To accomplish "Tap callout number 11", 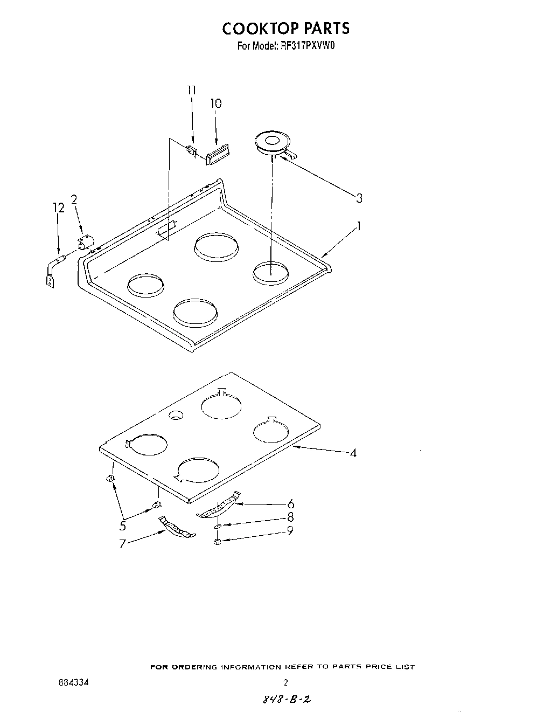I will pyautogui.click(x=192, y=91).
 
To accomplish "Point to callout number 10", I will pyautogui.click(x=215, y=103).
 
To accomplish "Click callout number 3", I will pyautogui.click(x=359, y=198).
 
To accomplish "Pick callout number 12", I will pyautogui.click(x=59, y=208).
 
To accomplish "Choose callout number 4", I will pyautogui.click(x=353, y=453).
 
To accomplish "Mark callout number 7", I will pyautogui.click(x=122, y=544).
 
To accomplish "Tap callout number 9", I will pyautogui.click(x=290, y=531).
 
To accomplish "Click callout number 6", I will pyautogui.click(x=290, y=504).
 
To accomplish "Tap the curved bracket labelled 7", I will pyautogui.click(x=176, y=528).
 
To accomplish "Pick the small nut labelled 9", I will pyautogui.click(x=218, y=541).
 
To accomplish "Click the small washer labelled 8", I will pyautogui.click(x=218, y=526).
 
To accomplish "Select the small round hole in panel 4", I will pyautogui.click(x=175, y=414).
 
